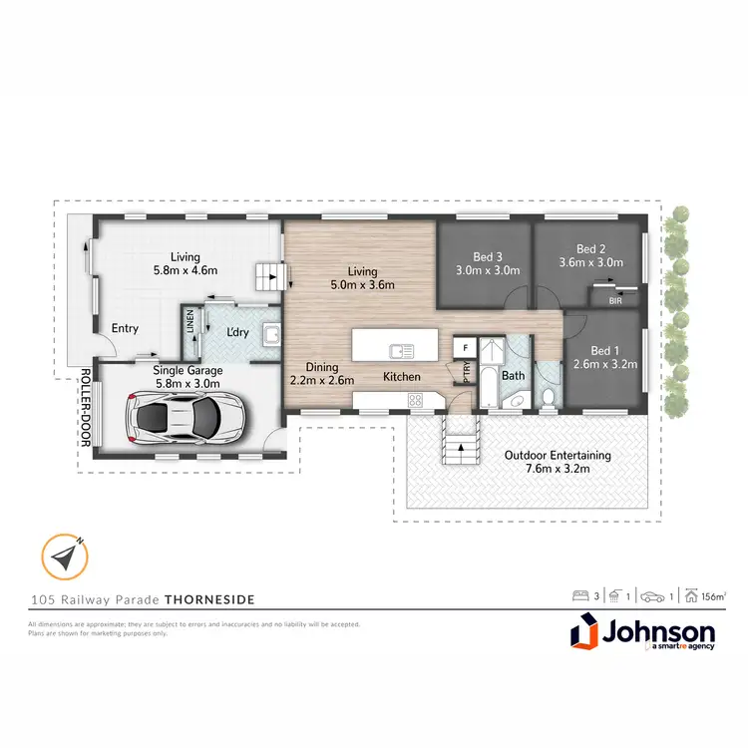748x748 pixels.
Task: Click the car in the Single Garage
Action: coord(186,417)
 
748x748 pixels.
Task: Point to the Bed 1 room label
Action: coord(605,357)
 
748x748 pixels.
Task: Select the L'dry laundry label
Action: coord(237,330)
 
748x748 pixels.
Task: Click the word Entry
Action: coord(125,328)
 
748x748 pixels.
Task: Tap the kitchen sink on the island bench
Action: coord(402,349)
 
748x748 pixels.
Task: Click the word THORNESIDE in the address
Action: coord(209,599)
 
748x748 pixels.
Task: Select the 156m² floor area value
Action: coord(711,596)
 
